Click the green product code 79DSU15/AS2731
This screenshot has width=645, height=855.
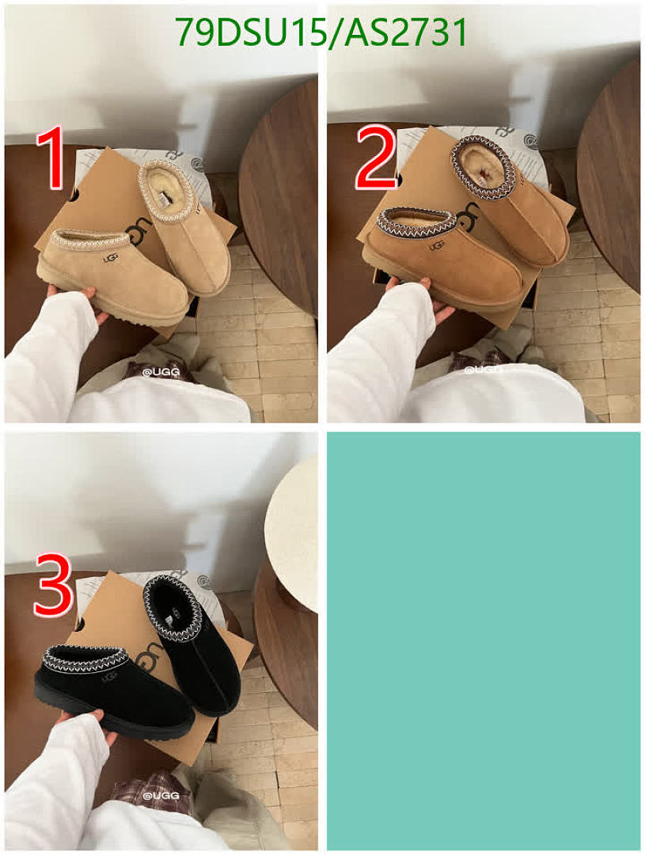(x=321, y=32)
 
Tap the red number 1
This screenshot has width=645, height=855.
(x=51, y=158)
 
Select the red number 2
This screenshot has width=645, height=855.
(x=375, y=158)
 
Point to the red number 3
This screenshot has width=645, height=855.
(x=53, y=586)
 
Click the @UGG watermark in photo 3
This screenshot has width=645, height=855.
(x=161, y=796)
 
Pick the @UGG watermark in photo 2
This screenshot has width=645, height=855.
(x=483, y=369)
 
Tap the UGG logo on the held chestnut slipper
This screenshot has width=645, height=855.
(x=436, y=246)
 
